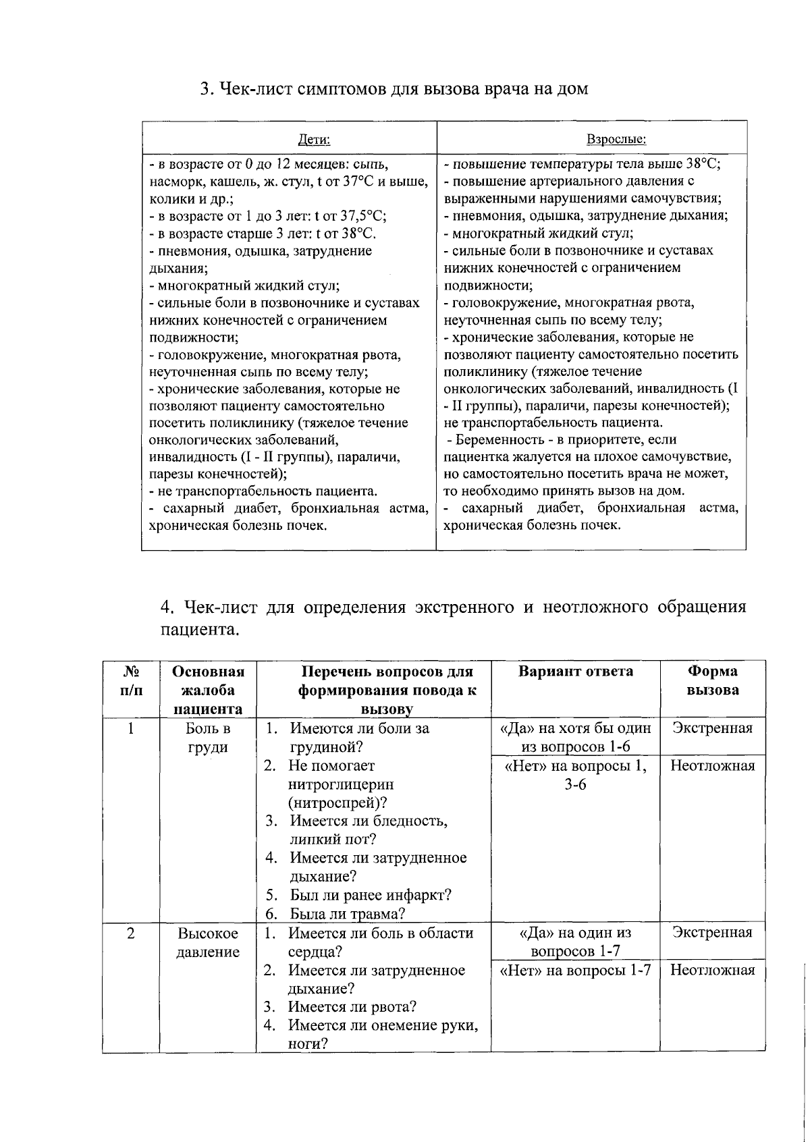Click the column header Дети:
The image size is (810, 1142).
point(314,140)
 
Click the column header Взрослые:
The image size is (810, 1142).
point(616,140)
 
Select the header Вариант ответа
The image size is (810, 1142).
point(575,671)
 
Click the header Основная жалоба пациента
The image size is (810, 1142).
point(208,690)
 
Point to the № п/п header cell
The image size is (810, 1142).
point(131,680)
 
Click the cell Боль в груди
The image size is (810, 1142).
point(208,738)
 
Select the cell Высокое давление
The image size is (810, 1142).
point(208,942)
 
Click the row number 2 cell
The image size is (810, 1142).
point(131,933)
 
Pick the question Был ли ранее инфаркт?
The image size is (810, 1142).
point(370,895)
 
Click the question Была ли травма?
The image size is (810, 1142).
point(347,914)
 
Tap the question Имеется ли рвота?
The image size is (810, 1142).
point(352,1007)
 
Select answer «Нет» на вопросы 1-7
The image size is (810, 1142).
point(575,970)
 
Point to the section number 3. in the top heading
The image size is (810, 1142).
point(207,89)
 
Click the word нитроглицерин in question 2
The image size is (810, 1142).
point(340,784)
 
